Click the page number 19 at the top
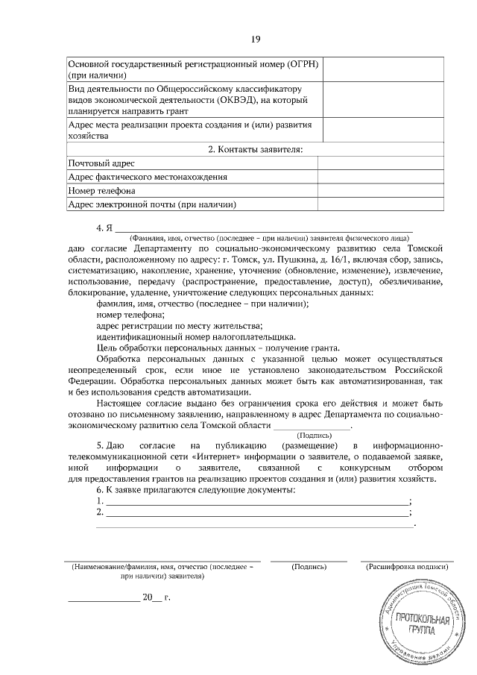(x=256, y=38)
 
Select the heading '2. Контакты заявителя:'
(x=255, y=150)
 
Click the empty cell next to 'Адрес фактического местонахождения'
(x=381, y=177)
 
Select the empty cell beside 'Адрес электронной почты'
(x=381, y=204)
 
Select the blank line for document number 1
(x=258, y=502)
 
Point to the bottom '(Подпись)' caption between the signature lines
(x=309, y=568)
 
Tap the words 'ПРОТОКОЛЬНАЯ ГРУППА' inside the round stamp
(x=422, y=624)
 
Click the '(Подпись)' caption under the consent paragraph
(x=314, y=434)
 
